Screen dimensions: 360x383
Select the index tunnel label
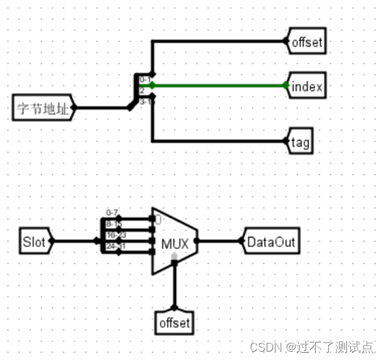pos(307,86)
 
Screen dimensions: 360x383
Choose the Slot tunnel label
pos(34,242)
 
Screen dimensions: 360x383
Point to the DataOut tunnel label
pos(271,242)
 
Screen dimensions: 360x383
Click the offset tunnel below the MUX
pos(175,323)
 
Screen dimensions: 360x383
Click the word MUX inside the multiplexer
pos(174,244)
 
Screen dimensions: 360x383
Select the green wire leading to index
pos(220,85)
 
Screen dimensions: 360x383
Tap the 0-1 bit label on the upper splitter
pos(146,80)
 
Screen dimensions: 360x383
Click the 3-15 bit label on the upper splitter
pos(147,101)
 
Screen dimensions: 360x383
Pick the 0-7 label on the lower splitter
pos(112,213)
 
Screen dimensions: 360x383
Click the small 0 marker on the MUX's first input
pos(157,219)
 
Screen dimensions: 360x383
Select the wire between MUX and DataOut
pos(220,242)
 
